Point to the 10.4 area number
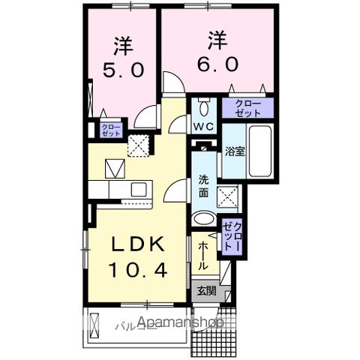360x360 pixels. tap(138, 268)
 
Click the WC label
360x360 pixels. tap(203, 126)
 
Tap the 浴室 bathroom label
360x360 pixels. tap(235, 151)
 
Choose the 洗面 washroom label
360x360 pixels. tap(203, 185)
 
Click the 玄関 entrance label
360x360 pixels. tap(206, 291)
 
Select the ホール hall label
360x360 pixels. tap(204, 255)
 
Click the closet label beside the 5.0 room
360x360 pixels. tap(109, 129)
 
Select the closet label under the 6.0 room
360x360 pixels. tap(247, 107)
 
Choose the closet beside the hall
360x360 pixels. tap(231, 236)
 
